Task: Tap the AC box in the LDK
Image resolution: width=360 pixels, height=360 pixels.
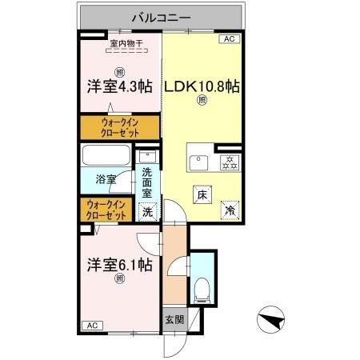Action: click(230, 38)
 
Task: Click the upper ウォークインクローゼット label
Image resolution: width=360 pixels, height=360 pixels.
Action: click(119, 127)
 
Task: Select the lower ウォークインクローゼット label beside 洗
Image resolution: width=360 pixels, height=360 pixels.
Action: click(106, 210)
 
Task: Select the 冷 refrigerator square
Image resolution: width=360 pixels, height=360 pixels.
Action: click(230, 210)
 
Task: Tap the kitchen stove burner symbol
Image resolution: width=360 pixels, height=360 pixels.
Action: click(230, 162)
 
